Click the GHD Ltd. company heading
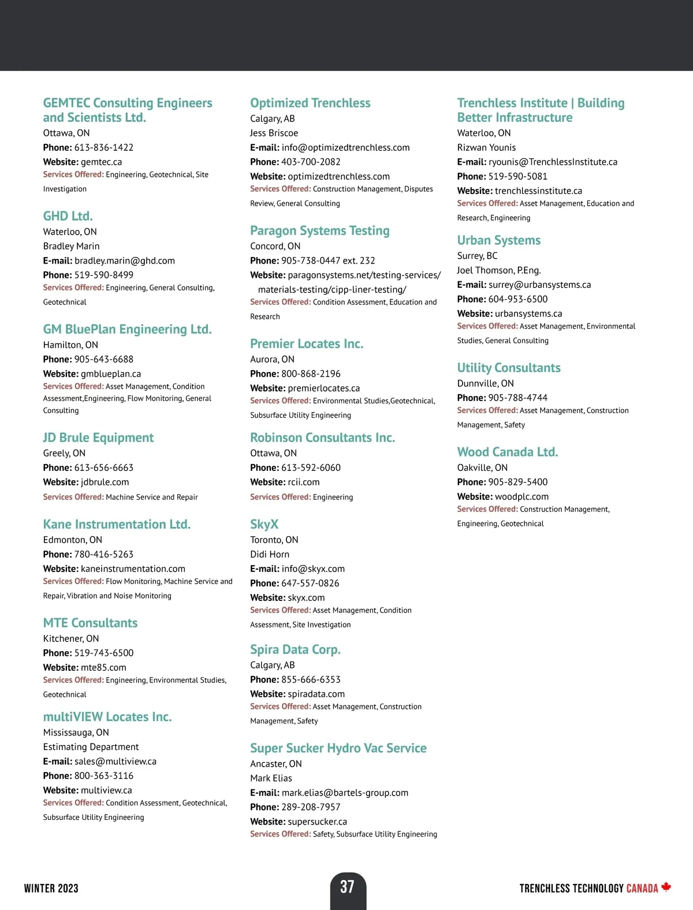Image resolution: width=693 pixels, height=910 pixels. [68, 216]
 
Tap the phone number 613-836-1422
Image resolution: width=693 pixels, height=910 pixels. [103, 147]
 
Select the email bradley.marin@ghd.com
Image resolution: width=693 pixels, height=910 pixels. [124, 261]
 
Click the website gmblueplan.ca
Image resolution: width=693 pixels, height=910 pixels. [111, 374]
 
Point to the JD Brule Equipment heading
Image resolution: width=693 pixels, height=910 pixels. [98, 437]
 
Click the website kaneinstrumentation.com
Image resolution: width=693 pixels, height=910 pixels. [133, 569]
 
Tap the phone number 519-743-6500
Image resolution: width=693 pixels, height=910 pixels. [103, 653]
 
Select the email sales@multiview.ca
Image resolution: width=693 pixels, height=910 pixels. [115, 762]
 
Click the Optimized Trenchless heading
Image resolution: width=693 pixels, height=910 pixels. [310, 103]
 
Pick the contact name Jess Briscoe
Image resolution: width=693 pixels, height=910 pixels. [274, 133]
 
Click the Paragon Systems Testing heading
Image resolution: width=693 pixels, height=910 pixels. [319, 231]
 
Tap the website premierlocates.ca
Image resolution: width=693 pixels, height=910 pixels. [323, 388]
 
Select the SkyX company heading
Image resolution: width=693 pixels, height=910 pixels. [264, 524]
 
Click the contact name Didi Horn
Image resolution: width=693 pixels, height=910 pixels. [270, 554]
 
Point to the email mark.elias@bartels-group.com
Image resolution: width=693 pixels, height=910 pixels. [345, 793]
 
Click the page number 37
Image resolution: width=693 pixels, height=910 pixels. [347, 887]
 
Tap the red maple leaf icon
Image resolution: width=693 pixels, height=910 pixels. [666, 887]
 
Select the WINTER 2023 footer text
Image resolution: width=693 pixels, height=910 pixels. [51, 889]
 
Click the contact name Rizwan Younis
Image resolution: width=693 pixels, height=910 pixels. [486, 147]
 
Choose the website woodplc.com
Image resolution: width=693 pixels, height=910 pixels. [521, 496]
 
